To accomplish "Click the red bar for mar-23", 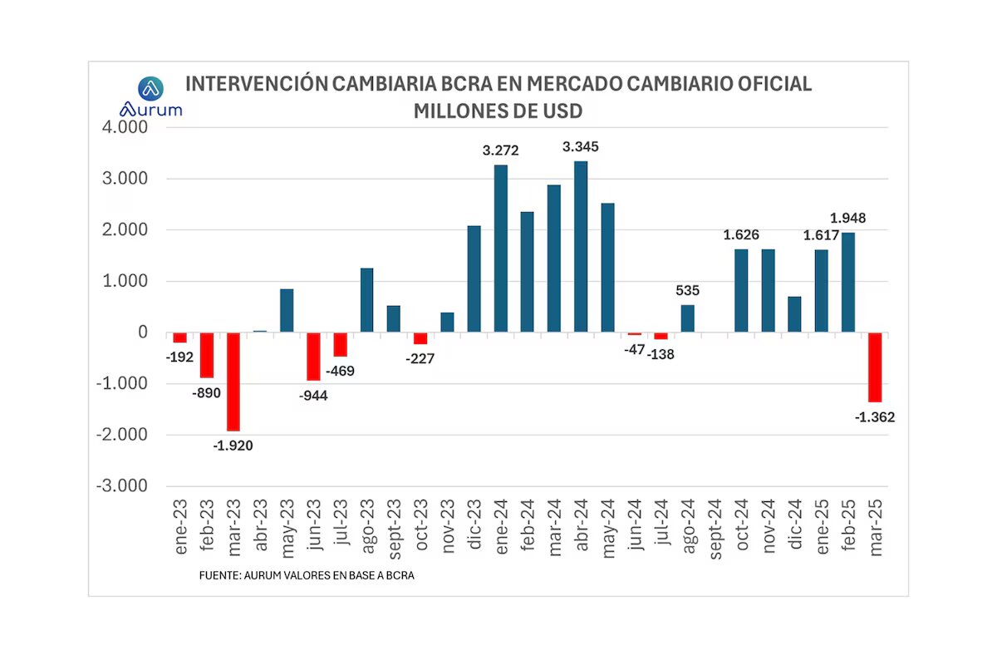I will tap(233, 382).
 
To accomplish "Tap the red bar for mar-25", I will tap(874, 367).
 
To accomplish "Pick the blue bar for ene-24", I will tap(501, 249).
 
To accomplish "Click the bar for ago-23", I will tap(366, 300).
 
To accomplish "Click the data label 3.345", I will tap(581, 147).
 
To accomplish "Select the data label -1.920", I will tap(233, 446).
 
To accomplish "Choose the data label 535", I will tap(688, 291).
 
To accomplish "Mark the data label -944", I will tap(312, 396).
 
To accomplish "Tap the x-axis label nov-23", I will tap(448, 529).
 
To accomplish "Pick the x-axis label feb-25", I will tap(848, 527).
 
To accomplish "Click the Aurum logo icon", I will tap(150, 88).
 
